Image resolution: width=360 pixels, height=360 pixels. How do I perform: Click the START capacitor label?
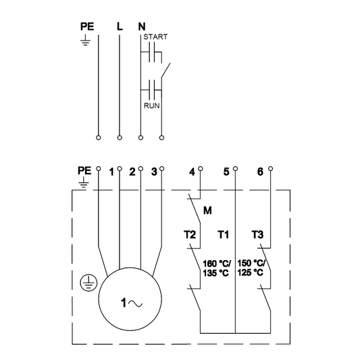click(156, 38)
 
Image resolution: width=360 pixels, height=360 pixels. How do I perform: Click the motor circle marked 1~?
click(130, 303)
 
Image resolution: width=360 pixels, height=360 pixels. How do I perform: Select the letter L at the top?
click(120, 27)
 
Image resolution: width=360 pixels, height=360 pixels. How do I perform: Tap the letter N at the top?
click(141, 27)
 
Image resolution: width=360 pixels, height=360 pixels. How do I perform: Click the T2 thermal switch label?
click(190, 235)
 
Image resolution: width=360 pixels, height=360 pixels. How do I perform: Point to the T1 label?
click(224, 235)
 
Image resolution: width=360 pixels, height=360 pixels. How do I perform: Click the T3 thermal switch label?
click(257, 235)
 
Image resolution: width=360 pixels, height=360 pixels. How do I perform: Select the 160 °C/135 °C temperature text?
click(216, 268)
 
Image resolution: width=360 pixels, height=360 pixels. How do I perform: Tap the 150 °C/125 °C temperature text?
click(251, 268)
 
